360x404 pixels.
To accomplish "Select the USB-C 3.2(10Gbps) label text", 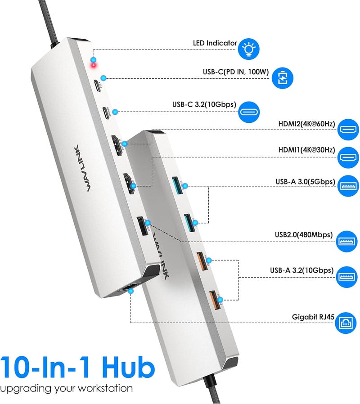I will tap(204, 105).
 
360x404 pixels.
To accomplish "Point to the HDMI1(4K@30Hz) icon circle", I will tap(349, 157).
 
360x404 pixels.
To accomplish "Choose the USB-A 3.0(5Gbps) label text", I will tap(306, 182).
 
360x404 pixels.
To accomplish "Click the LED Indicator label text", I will tap(214, 43).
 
